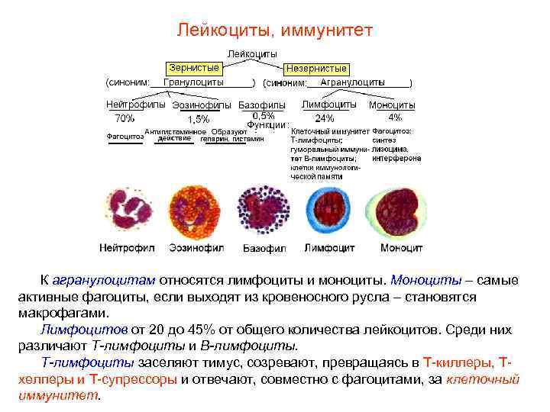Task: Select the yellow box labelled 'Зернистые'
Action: tap(195, 67)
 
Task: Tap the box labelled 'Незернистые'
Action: tap(315, 69)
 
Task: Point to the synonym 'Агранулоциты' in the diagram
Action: tap(352, 82)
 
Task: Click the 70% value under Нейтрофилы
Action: tap(125, 118)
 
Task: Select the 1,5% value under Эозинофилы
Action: tap(198, 119)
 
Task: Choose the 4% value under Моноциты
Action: tap(395, 117)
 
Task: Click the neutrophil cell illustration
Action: tap(129, 213)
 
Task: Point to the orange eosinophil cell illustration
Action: tap(198, 213)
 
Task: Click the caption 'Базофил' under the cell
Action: tap(264, 249)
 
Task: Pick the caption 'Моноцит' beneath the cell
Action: tap(401, 248)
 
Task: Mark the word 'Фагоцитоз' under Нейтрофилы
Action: tap(124, 137)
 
